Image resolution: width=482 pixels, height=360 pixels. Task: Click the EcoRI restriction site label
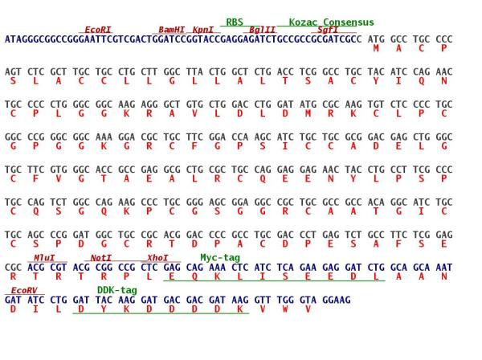pos(98,30)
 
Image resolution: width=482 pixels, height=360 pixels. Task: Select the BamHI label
pos(172,30)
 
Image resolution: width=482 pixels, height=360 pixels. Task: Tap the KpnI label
pos(203,30)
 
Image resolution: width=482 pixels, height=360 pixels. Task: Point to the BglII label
pos(262,30)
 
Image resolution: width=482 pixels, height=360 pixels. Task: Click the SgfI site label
pos(328,30)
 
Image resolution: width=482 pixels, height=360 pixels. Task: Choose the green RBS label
pos(235,22)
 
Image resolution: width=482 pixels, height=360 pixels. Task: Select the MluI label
pos(44,258)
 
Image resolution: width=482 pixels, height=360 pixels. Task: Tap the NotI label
pos(101,258)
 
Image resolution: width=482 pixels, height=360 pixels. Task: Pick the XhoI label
pos(157,258)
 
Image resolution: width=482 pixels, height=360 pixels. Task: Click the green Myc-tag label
pos(220,258)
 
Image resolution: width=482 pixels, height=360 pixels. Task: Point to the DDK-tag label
pos(117,290)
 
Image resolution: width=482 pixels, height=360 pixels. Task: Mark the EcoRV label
pos(24,290)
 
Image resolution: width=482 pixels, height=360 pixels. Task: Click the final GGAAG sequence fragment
pos(337,300)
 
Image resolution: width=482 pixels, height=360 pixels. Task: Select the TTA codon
pos(194,72)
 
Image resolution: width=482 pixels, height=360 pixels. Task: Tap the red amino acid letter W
pos(285,309)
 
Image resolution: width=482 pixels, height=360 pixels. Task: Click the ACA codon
pos(376,202)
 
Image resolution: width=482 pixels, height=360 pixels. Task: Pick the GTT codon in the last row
pos(263,300)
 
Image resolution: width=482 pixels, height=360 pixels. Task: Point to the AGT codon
pos(13,72)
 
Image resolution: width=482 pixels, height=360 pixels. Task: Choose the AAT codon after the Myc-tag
pos(444,268)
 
